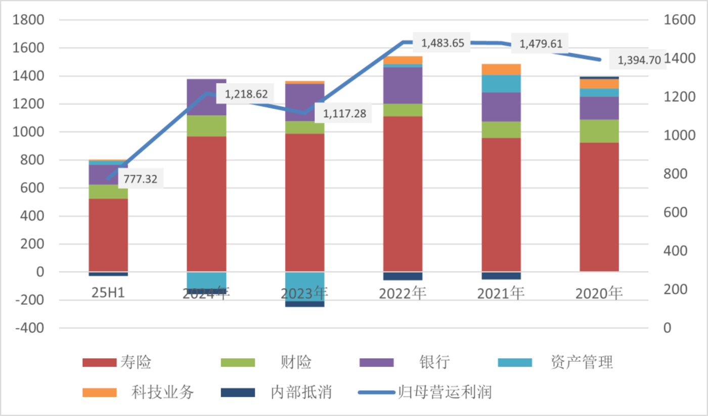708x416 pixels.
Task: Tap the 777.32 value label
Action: pyautogui.click(x=141, y=179)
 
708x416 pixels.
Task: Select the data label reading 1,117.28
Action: pyautogui.click(x=343, y=114)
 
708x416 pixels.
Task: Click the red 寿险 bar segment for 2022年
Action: pyautogui.click(x=403, y=194)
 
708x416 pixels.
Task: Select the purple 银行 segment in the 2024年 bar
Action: pyautogui.click(x=206, y=97)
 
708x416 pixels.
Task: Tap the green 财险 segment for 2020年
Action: pyautogui.click(x=599, y=131)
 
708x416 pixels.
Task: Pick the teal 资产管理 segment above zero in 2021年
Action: pyautogui.click(x=501, y=83)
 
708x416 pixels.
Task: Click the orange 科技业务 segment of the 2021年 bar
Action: pyautogui.click(x=501, y=69)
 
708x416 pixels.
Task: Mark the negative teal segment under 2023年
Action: pyautogui.click(x=304, y=287)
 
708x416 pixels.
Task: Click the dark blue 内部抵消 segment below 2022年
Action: pyautogui.click(x=403, y=276)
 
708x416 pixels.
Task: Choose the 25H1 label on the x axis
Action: pyautogui.click(x=108, y=293)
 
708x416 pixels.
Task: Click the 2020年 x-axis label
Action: pyautogui.click(x=599, y=293)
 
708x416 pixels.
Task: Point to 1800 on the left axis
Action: pyautogui.click(x=30, y=20)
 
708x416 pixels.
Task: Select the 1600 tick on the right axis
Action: pyautogui.click(x=678, y=20)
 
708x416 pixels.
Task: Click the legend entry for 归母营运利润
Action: pyautogui.click(x=445, y=392)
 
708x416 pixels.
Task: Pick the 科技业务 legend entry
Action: pyautogui.click(x=163, y=392)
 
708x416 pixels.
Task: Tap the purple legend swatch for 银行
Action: pyautogui.click(x=377, y=362)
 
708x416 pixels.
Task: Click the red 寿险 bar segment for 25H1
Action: pyautogui.click(x=108, y=235)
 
